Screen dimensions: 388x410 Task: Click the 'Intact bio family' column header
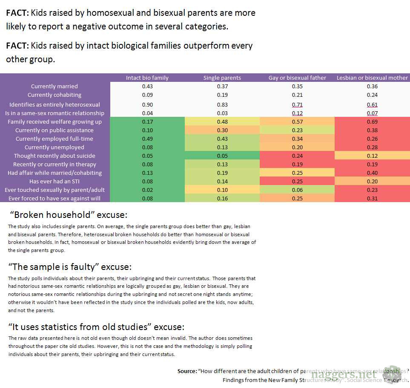tap(147, 78)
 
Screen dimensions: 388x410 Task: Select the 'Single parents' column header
tap(222, 78)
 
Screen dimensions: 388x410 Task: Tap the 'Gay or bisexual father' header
tap(297, 78)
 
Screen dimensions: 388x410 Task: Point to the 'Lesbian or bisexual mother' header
tap(372, 78)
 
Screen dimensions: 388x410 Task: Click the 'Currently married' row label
tap(54, 87)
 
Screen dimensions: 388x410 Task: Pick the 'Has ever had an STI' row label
tap(54, 181)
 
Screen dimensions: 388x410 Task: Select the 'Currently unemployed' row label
tap(54, 147)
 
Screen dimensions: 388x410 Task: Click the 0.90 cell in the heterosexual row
tap(147, 104)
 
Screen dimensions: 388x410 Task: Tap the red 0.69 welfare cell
tap(372, 122)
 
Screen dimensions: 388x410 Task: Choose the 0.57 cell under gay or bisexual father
tap(297, 122)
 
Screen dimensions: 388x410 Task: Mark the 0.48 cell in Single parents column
tap(222, 122)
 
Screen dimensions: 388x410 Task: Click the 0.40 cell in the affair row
tap(372, 173)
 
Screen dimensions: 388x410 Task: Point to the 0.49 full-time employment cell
tap(147, 139)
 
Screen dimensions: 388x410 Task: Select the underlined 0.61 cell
tap(372, 104)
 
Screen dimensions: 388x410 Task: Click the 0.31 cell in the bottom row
tap(372, 198)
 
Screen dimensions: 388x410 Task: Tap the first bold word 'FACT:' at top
tap(17, 13)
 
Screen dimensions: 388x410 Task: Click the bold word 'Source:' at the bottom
tap(187, 371)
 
